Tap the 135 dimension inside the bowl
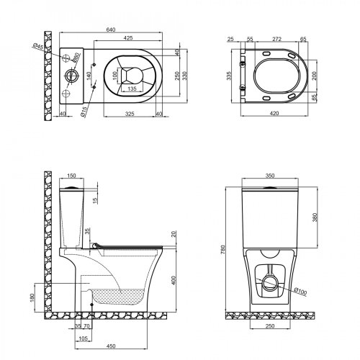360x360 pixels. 132,89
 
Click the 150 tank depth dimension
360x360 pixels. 71,175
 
